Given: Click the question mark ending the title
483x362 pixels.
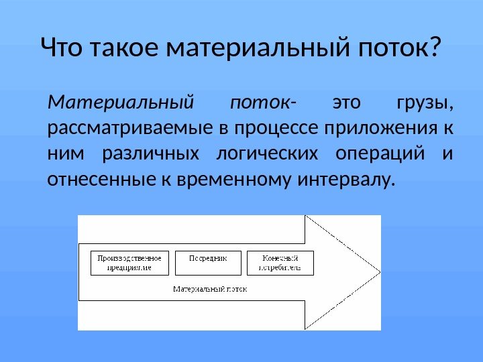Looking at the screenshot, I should point(436,48).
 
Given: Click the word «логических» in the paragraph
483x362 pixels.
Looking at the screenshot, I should point(268,154).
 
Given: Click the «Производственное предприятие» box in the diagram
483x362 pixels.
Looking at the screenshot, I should point(129,263).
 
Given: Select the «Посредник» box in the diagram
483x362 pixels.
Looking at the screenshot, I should point(207,263).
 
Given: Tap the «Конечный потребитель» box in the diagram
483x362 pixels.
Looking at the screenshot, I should point(280,263).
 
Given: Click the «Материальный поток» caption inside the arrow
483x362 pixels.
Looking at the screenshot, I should point(210,290).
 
